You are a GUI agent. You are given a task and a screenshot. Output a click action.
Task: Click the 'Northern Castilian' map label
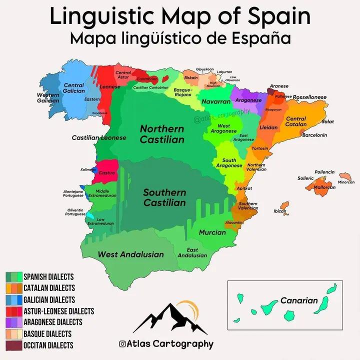(162, 134)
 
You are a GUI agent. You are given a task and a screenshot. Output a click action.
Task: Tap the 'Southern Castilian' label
(164, 197)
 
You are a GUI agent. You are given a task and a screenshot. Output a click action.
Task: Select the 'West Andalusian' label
(130, 254)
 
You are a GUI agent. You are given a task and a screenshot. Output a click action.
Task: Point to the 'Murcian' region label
(212, 232)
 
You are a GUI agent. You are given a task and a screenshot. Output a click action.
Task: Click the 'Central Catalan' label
(296, 122)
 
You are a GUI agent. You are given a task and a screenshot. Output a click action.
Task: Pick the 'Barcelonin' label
(314, 135)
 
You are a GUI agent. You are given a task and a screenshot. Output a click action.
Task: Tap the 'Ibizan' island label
(280, 211)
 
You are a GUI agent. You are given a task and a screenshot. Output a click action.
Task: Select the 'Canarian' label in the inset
(299, 300)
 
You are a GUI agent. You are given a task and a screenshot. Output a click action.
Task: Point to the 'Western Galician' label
(48, 98)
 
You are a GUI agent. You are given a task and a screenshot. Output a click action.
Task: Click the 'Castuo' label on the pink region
(107, 173)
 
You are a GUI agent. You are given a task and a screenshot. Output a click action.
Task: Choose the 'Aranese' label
(279, 86)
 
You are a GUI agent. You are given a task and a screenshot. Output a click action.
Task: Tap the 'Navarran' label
(215, 102)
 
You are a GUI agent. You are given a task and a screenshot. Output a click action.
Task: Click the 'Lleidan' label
(268, 127)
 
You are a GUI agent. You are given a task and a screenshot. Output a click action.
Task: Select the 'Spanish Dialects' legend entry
(48, 277)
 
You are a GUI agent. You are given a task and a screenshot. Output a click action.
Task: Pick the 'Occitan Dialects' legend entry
(48, 345)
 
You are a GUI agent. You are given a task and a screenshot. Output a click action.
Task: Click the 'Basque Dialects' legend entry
(47, 333)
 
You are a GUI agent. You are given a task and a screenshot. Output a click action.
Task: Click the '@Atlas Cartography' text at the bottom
(166, 344)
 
